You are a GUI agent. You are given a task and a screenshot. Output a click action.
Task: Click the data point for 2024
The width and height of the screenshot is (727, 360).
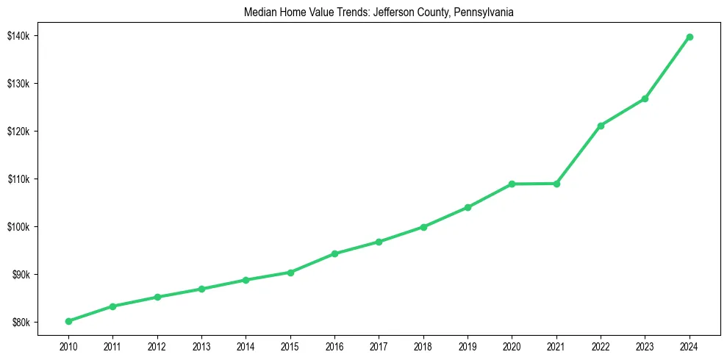(690, 37)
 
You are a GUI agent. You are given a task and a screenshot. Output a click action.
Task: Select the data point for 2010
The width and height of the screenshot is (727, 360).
(68, 321)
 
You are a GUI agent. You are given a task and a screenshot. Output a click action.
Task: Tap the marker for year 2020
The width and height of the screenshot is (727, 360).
(512, 184)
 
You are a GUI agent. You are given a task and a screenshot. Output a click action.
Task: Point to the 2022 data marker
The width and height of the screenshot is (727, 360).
(601, 126)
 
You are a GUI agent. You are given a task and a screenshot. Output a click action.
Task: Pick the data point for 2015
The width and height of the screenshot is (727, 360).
(290, 273)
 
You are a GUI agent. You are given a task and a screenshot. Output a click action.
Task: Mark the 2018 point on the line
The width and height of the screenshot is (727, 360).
(423, 227)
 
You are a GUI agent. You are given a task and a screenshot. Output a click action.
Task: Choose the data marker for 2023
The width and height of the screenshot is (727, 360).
(645, 98)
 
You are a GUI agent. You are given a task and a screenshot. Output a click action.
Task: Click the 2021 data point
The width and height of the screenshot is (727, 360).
(556, 184)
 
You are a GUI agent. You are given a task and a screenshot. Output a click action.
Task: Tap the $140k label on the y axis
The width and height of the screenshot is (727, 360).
(18, 36)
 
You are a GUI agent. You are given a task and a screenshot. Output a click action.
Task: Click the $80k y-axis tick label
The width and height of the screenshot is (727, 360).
(20, 323)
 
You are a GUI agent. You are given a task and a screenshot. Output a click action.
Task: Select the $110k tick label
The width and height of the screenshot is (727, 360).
(18, 179)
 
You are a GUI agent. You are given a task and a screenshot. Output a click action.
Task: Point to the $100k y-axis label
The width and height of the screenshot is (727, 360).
(18, 227)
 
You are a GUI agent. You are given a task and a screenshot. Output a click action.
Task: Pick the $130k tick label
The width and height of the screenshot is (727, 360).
(18, 84)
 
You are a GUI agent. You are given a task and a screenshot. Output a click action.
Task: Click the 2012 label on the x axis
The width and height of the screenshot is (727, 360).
(157, 345)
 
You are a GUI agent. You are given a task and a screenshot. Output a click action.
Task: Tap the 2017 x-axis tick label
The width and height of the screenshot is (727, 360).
(379, 345)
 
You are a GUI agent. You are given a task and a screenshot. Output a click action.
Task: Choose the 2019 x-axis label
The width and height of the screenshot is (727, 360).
(468, 345)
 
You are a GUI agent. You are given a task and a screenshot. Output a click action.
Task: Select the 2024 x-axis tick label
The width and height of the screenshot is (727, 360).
(690, 345)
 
